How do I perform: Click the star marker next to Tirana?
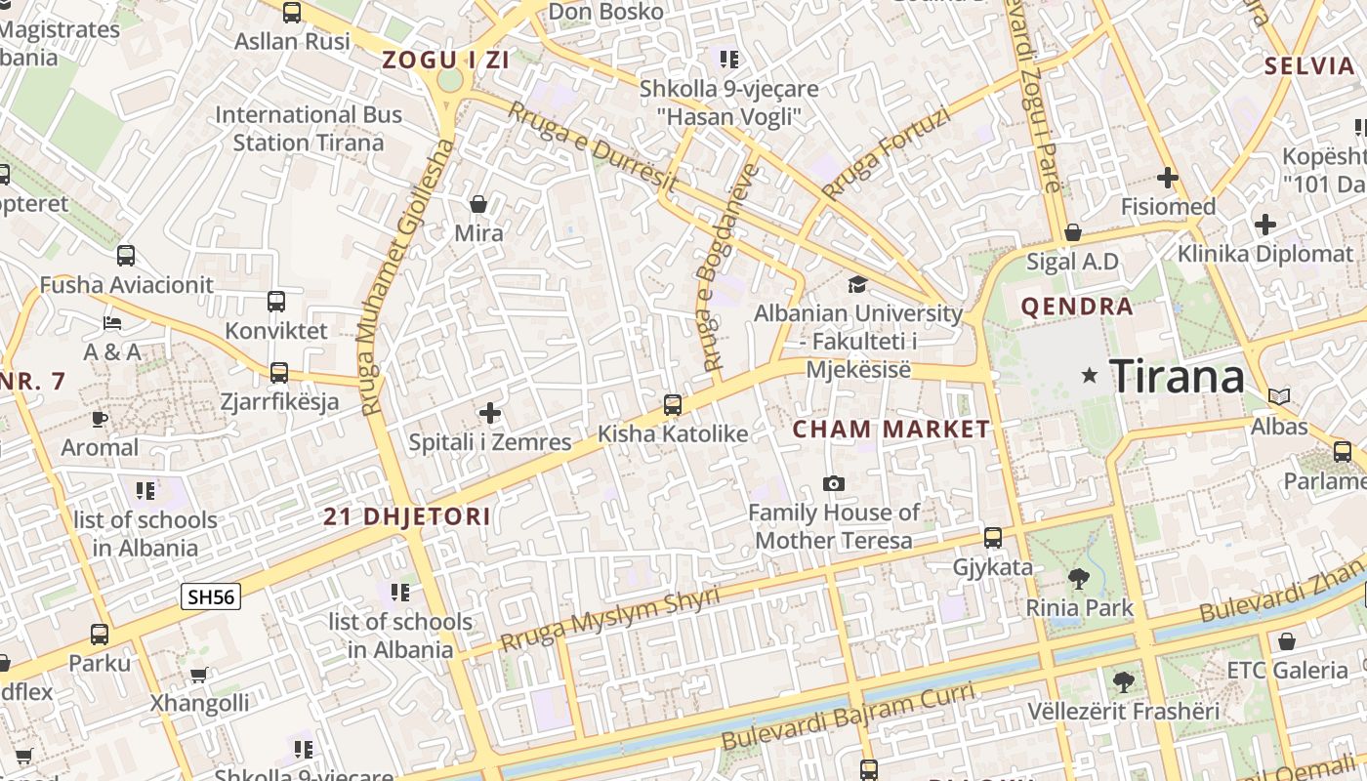pyautogui.click(x=1090, y=375)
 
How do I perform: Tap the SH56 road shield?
pyautogui.click(x=211, y=596)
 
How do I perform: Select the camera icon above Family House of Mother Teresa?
pyautogui.click(x=834, y=483)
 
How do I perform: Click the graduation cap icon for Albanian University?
pyautogui.click(x=857, y=284)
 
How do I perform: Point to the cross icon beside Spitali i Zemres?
pyautogui.click(x=490, y=413)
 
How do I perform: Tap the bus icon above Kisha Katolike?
pyautogui.click(x=672, y=404)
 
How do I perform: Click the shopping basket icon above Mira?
pyautogui.click(x=478, y=204)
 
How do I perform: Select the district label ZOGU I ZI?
pyautogui.click(x=447, y=60)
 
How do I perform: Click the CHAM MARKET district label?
pyautogui.click(x=891, y=430)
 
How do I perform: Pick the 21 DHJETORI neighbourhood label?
pyautogui.click(x=407, y=517)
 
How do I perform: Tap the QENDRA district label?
pyautogui.click(x=1077, y=308)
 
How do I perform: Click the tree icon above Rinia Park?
pyautogui.click(x=1079, y=579)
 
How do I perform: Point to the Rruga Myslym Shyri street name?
pyautogui.click(x=609, y=619)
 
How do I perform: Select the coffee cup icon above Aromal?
pyautogui.click(x=99, y=419)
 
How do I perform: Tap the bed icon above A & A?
pyautogui.click(x=112, y=322)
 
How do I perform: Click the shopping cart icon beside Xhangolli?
pyautogui.click(x=199, y=675)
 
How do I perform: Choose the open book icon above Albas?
pyautogui.click(x=1279, y=397)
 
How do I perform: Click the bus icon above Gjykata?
pyautogui.click(x=993, y=538)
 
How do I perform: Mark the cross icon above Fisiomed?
pyautogui.click(x=1167, y=178)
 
